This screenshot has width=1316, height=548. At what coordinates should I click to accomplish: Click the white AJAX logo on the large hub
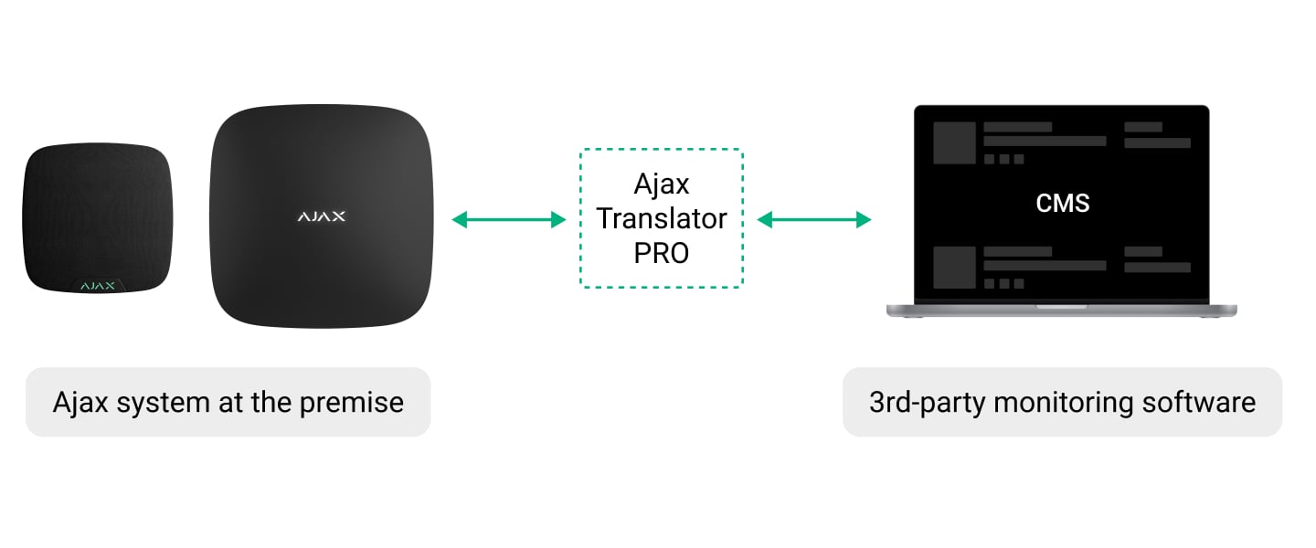pos(321,216)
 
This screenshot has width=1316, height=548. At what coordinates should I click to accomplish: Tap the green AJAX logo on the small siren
pos(97,286)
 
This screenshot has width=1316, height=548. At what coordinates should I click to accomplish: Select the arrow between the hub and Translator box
pos(509,219)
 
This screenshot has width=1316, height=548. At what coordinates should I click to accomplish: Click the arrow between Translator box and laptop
pos(814,219)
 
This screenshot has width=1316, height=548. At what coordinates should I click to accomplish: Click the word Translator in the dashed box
pos(662,218)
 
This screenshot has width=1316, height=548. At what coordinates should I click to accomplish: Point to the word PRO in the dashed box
pos(662,252)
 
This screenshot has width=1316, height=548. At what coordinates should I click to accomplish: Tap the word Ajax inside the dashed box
pos(662,184)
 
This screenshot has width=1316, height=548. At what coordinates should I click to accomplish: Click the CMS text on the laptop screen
pos(1063,202)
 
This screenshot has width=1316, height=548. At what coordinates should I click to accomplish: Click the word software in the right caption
pos(1203,402)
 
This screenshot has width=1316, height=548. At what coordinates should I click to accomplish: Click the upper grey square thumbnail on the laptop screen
pos(953,142)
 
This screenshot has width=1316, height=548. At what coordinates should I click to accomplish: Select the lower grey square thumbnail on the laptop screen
pos(953,268)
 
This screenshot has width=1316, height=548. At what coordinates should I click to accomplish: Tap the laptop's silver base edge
pos(1061,311)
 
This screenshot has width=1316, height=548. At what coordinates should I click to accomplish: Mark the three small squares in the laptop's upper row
pos(1003,159)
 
